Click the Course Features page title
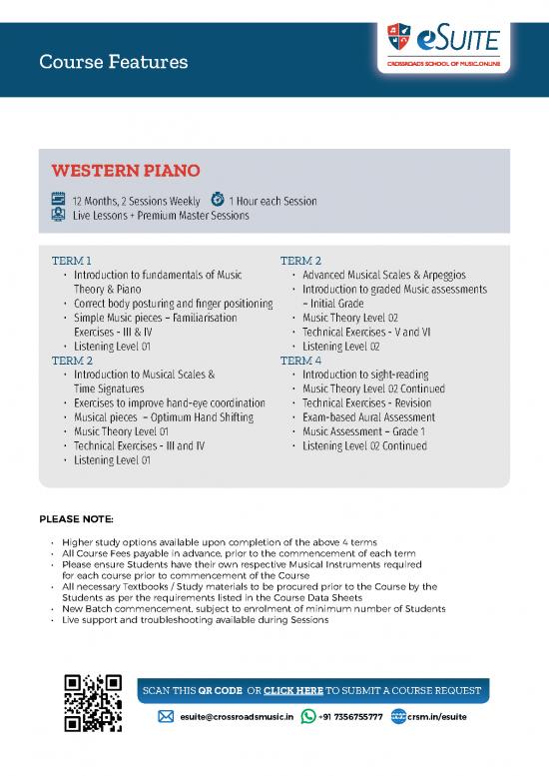click(x=113, y=63)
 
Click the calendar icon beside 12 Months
click(x=58, y=200)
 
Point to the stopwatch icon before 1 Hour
click(x=218, y=200)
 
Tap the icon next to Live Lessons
click(x=58, y=215)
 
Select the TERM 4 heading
click(x=300, y=361)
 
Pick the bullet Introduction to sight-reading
click(x=364, y=375)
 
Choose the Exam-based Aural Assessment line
click(x=368, y=417)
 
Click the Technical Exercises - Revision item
click(x=366, y=403)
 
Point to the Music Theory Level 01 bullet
click(x=127, y=431)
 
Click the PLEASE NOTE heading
click(x=76, y=519)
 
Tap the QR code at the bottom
click(x=92, y=704)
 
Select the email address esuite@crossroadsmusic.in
click(x=236, y=716)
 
